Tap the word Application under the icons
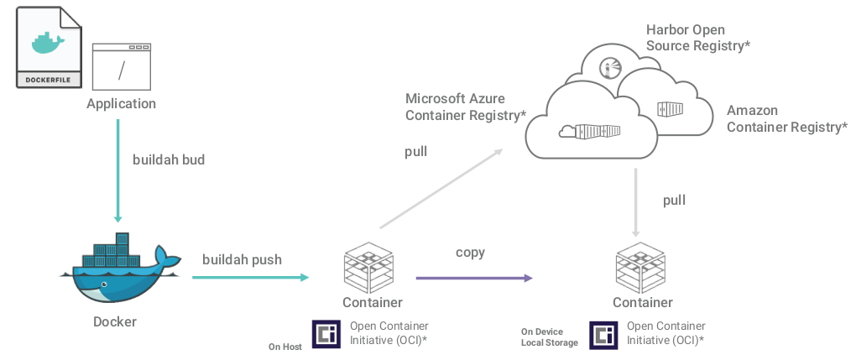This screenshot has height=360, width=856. (x=121, y=104)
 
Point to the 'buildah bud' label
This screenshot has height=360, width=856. (x=169, y=159)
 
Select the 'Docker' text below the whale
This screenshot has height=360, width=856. (x=114, y=321)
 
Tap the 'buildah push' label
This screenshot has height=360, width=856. (x=242, y=259)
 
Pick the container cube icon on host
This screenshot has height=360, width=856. (x=370, y=266)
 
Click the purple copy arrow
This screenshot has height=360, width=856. (x=474, y=278)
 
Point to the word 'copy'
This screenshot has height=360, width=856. (x=470, y=253)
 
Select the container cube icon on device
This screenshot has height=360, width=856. (x=641, y=266)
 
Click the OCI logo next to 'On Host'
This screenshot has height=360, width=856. (x=326, y=334)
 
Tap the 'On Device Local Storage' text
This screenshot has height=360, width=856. (x=549, y=337)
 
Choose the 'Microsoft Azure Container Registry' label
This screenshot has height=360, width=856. (x=465, y=107)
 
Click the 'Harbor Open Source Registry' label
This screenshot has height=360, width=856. (x=697, y=38)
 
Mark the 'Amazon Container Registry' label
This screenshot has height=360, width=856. (x=786, y=119)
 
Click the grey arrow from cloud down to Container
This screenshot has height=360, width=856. (x=636, y=201)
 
